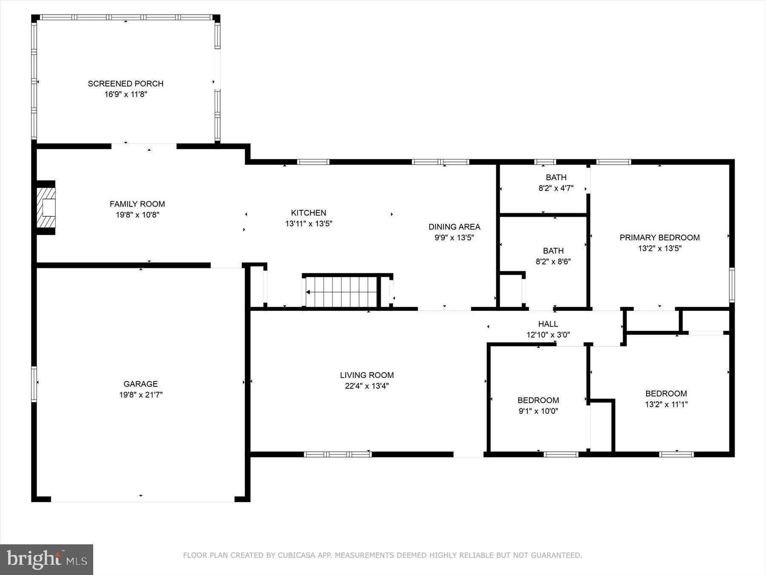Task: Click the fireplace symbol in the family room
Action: point(46,208)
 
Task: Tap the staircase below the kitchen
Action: point(342,292)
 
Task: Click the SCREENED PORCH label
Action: point(126,83)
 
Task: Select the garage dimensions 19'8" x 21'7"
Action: point(141,395)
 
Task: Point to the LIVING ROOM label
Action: point(367,375)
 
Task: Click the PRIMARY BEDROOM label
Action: point(660,238)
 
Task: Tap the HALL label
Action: point(548,324)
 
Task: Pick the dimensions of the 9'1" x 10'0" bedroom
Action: point(538,411)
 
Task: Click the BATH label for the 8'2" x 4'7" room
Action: point(556,177)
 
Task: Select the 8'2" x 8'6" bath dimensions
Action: point(553,262)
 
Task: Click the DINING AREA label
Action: point(454,227)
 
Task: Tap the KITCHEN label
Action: point(309,213)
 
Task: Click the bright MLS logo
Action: point(46,559)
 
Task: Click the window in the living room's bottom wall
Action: point(337,454)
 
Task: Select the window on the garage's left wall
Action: point(34,384)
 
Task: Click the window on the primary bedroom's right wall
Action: point(732,285)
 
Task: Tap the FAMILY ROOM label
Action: point(137,204)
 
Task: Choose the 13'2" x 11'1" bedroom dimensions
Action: point(666,404)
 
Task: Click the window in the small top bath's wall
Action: point(545,162)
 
